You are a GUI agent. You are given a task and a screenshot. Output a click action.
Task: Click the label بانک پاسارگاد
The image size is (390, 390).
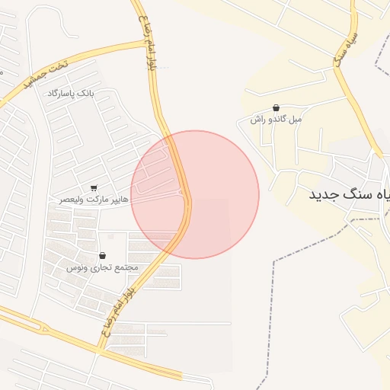69,92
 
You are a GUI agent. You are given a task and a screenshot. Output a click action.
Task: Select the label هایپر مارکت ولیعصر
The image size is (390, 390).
94,199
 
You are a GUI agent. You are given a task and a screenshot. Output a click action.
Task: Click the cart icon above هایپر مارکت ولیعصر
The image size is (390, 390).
94,187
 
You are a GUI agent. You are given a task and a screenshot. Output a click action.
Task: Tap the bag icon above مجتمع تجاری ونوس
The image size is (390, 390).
102,256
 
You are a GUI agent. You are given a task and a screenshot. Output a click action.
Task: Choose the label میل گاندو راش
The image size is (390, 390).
276,119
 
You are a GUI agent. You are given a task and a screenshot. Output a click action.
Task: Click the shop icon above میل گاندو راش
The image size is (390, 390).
276,108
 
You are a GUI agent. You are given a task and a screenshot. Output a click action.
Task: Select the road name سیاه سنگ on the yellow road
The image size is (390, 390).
347,50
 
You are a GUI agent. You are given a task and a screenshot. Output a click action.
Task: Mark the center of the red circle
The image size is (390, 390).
195,194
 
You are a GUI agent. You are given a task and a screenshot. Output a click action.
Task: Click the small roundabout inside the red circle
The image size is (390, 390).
181,193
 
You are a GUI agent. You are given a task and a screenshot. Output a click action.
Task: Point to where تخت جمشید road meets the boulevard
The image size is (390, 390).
145,42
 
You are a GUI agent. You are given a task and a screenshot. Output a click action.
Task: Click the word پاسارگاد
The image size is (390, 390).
61,92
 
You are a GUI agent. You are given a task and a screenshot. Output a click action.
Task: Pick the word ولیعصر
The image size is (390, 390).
72,199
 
